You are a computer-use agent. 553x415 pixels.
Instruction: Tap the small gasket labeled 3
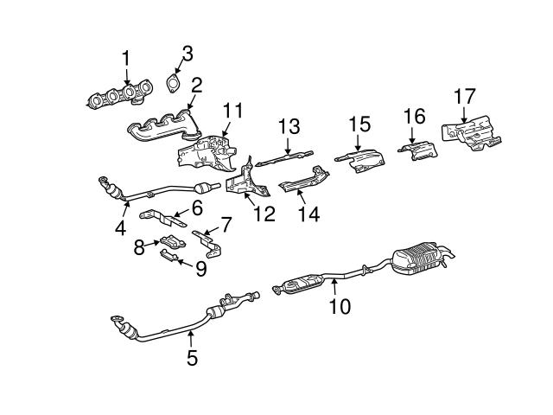tap(173, 84)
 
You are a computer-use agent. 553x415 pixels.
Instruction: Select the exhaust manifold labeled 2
tap(164, 127)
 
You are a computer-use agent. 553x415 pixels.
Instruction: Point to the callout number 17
tap(465, 96)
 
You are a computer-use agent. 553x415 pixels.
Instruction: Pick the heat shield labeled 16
tap(418, 150)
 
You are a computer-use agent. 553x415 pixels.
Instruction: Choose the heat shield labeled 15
tap(361, 161)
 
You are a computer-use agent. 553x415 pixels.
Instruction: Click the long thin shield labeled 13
tap(284, 158)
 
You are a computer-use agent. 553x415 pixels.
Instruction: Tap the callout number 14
tap(309, 214)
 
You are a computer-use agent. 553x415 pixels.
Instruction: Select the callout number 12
tap(264, 214)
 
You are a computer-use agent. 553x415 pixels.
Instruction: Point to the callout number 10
tap(340, 306)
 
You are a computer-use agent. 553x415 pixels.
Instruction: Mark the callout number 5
tap(192, 358)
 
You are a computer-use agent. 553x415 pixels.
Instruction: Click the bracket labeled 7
tap(208, 245)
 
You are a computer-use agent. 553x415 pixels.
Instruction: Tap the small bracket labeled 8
tap(173, 243)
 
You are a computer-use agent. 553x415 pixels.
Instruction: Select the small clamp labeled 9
tap(168, 255)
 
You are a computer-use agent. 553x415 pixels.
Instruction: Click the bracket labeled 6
tap(163, 219)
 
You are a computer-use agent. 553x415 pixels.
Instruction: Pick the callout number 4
tap(120, 228)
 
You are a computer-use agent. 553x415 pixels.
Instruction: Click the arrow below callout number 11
tap(226, 129)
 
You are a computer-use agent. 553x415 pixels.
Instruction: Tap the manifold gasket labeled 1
tap(120, 94)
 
